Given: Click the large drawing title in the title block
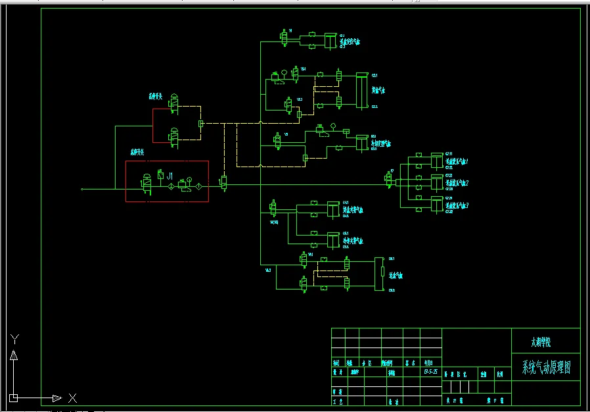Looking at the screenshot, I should coord(546,367).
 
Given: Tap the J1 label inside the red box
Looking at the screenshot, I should coord(170,176).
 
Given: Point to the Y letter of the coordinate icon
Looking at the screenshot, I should coord(14,340).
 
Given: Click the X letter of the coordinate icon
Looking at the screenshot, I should coord(72,398).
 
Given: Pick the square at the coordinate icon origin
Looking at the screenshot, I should coord(14,398).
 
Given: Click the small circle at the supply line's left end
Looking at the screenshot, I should coord(81,189).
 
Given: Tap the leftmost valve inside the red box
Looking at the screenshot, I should coord(147,184).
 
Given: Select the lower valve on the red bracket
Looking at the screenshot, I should coord(174,136).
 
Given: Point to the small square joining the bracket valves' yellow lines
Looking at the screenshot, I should coord(201,123).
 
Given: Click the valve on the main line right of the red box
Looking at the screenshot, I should coord(223,182).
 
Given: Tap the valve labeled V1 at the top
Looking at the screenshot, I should coord(285,39).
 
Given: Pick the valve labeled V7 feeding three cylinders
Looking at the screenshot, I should coord(391,179).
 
